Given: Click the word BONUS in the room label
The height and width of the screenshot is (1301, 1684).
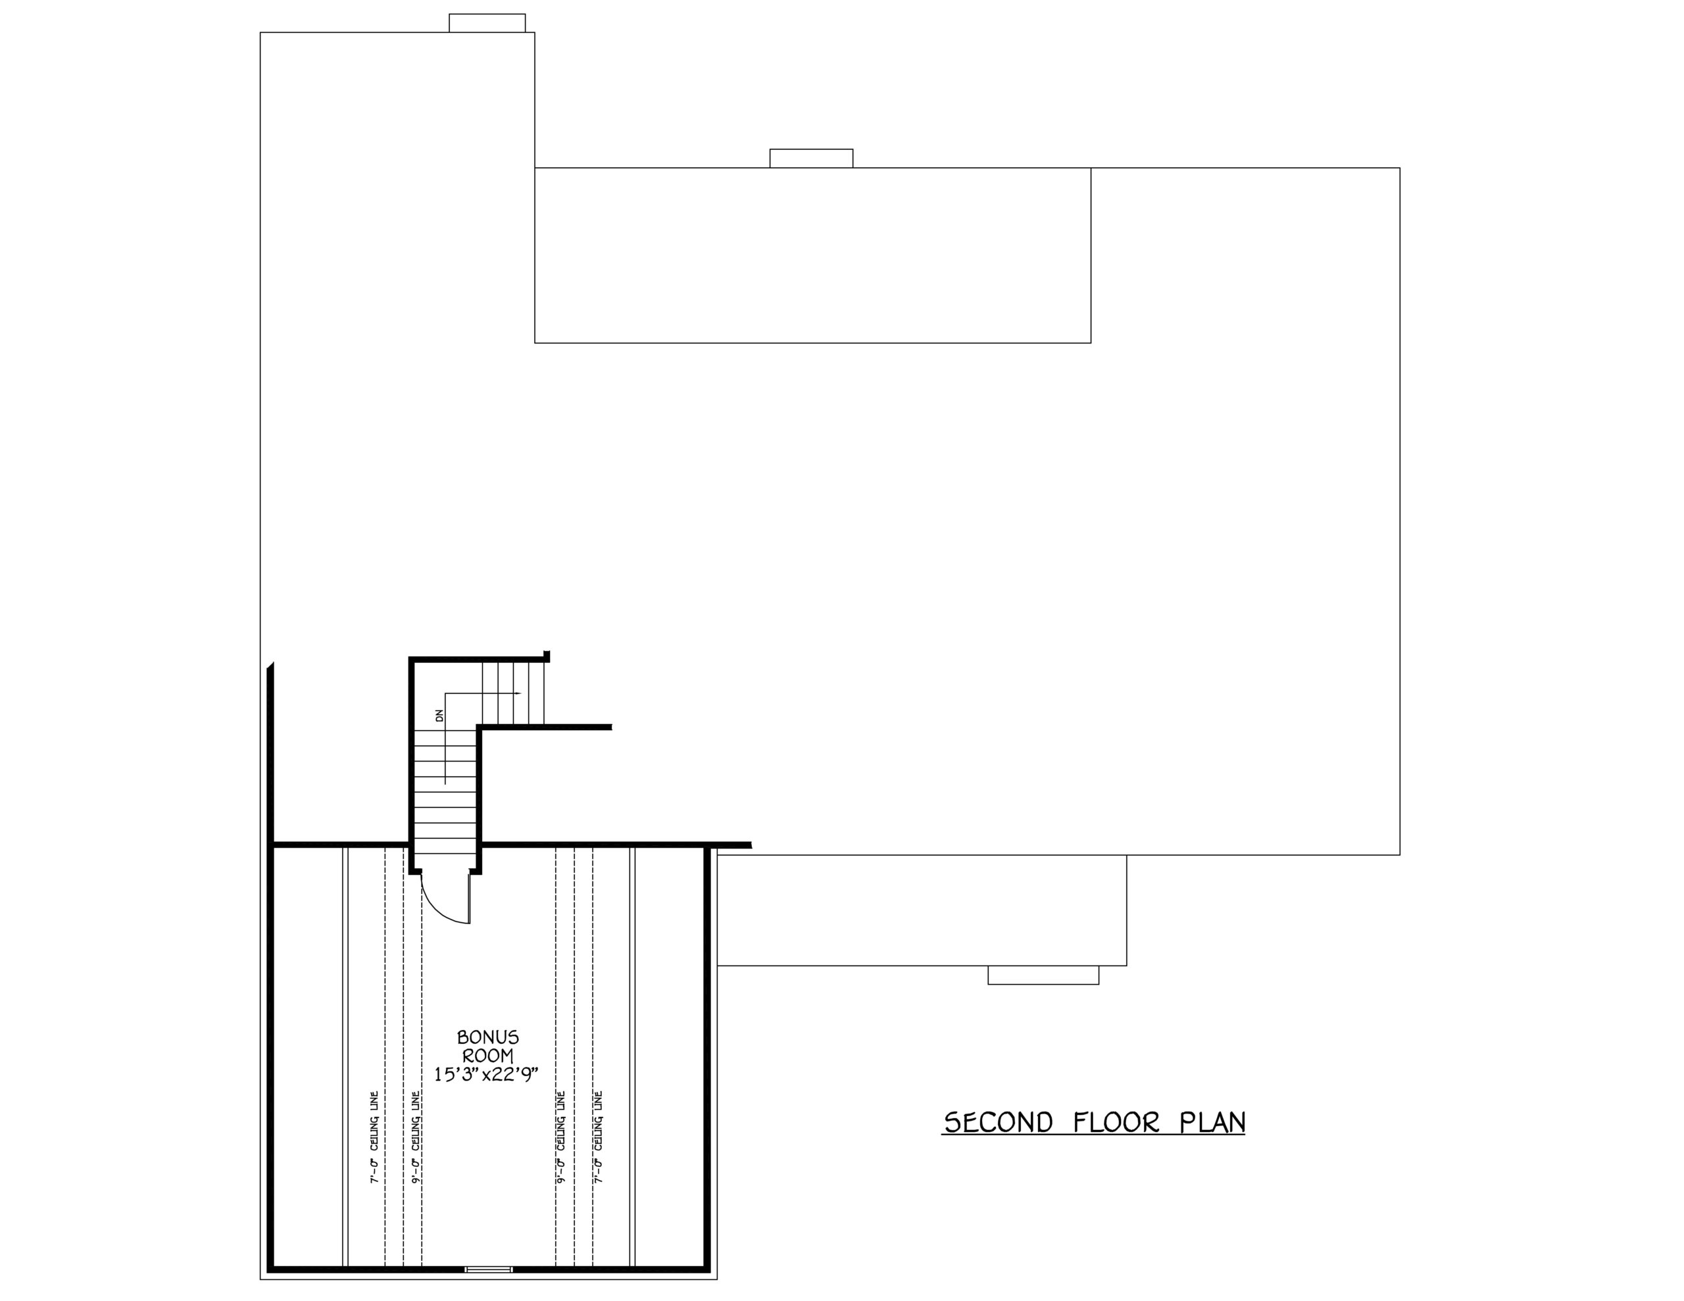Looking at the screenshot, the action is click(488, 1037).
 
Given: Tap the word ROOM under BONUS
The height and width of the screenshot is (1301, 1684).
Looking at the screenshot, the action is click(487, 1056).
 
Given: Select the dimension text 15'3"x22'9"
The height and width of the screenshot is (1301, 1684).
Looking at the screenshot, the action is click(485, 1074).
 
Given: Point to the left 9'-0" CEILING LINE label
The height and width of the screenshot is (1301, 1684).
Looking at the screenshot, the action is click(416, 1137).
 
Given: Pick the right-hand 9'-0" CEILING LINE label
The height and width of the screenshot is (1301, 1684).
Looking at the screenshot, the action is click(560, 1137).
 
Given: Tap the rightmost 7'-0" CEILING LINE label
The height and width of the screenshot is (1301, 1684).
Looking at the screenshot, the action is click(599, 1137).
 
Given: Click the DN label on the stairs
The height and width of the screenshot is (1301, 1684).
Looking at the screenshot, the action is click(439, 715).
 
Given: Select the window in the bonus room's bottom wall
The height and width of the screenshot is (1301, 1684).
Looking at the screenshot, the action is click(488, 1269).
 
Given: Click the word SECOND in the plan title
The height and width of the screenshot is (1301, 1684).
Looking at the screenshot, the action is click(999, 1123).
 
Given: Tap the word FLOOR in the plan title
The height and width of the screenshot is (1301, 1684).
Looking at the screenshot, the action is click(1116, 1123).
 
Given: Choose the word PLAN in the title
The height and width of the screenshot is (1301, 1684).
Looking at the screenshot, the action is click(1212, 1123).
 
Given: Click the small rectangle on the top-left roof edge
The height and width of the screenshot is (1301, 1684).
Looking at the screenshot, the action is click(487, 23).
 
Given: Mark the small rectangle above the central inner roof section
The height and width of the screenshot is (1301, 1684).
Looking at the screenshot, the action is click(811, 158).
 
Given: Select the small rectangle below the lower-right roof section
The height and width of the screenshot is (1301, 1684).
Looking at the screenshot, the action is click(1043, 975).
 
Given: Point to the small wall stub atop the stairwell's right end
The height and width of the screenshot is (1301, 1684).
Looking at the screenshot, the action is click(547, 656).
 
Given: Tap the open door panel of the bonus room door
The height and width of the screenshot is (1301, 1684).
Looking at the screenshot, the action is click(469, 898).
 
